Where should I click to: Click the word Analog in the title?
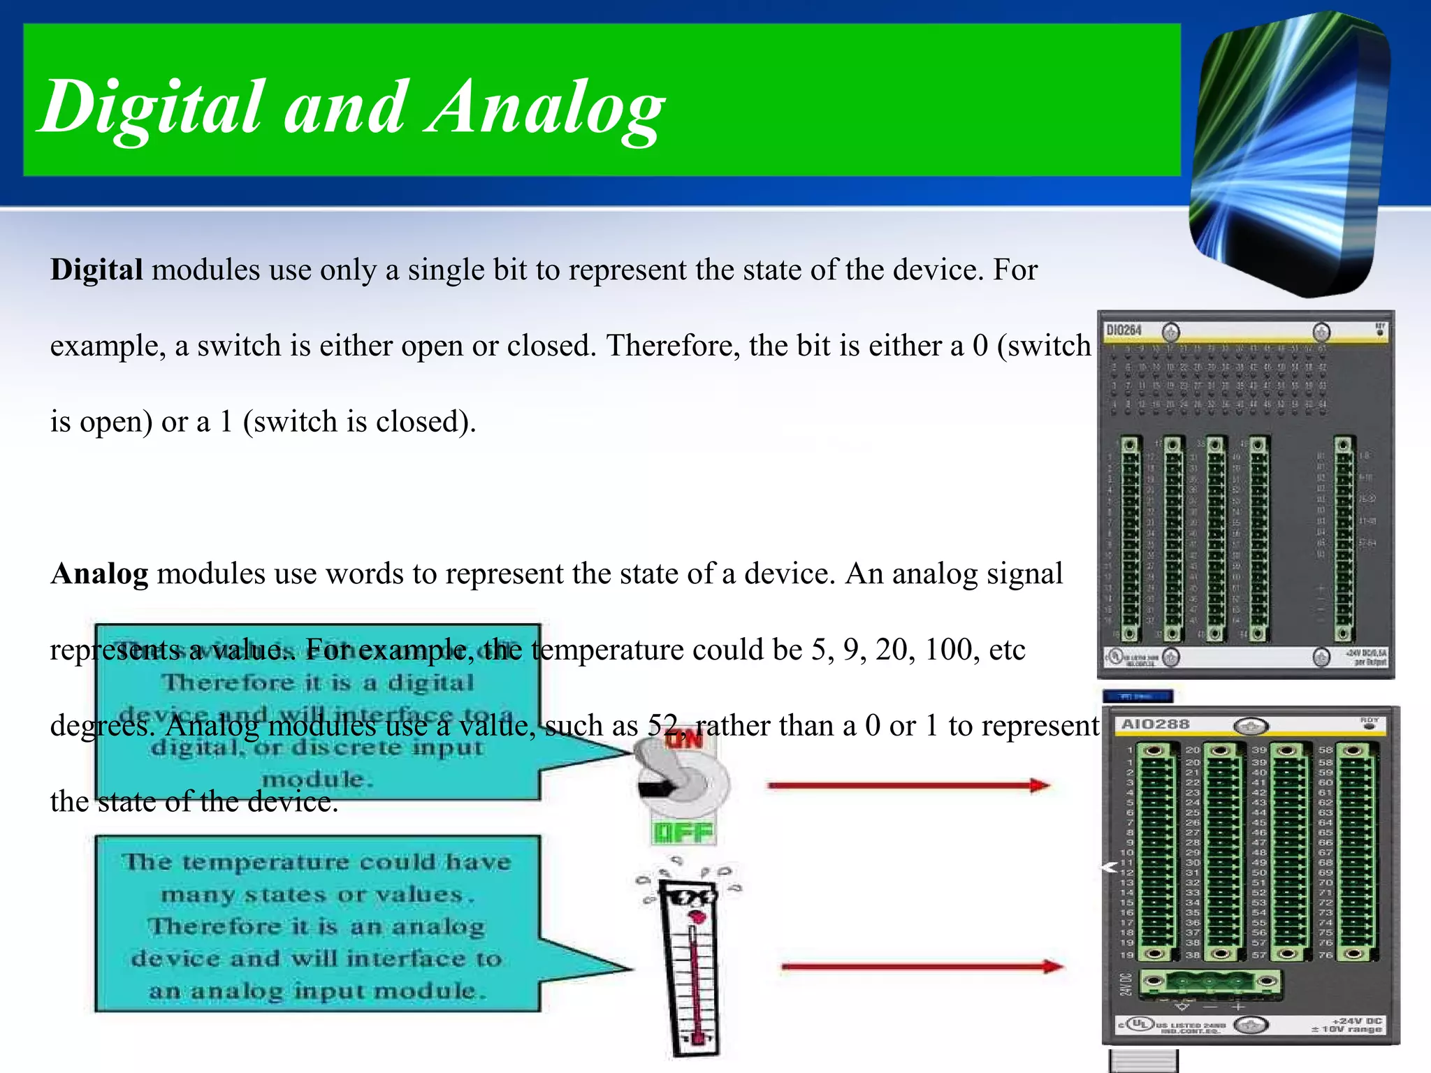(545, 108)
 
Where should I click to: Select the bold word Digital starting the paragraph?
(96, 270)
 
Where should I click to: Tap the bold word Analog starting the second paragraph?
(99, 574)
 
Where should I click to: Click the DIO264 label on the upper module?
(1124, 330)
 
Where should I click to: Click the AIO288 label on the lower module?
(1155, 724)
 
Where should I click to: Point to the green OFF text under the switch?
(683, 833)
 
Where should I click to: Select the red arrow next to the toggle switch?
(908, 786)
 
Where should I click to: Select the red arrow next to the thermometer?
(922, 967)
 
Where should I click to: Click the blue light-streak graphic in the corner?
(1289, 154)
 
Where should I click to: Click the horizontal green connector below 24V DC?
(1210, 982)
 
